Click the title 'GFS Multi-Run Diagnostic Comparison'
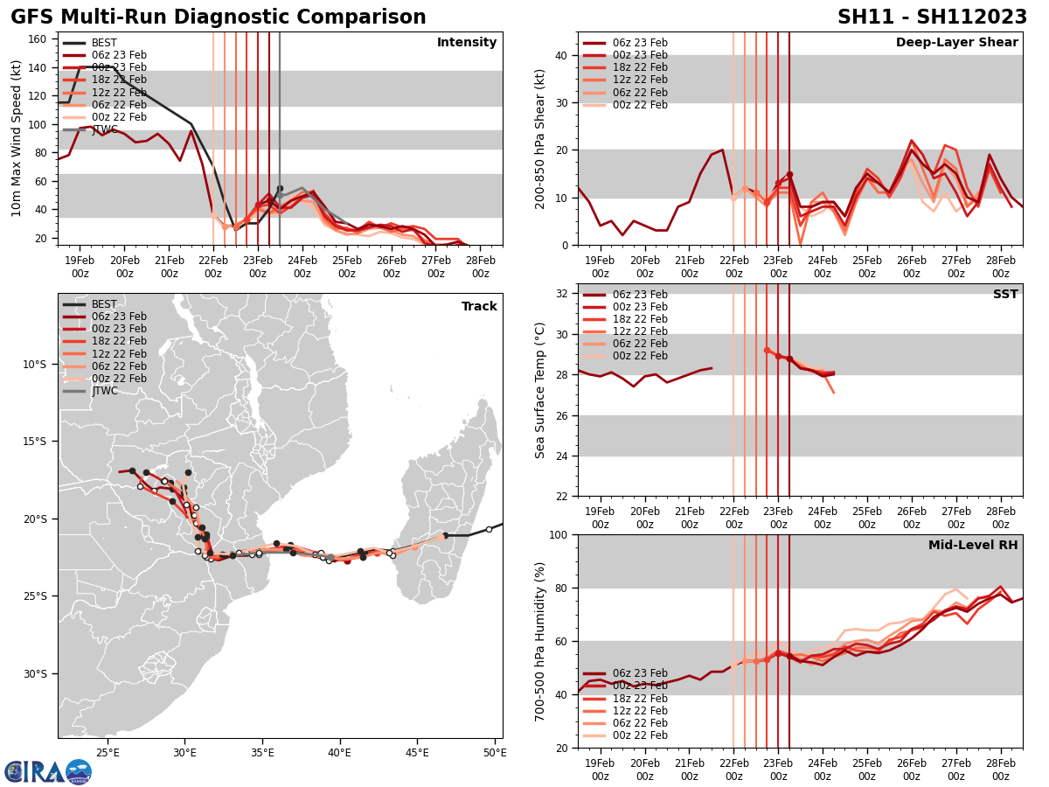[x=219, y=17]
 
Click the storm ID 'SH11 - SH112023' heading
[x=932, y=17]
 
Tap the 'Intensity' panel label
[x=467, y=43]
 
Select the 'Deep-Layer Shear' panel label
[x=956, y=43]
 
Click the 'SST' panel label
[x=1005, y=295]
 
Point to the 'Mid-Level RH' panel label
[x=973, y=546]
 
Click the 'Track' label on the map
[x=479, y=307]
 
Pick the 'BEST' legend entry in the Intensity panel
[x=104, y=43]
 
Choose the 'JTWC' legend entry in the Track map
[x=104, y=391]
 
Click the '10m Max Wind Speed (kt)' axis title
[x=17, y=139]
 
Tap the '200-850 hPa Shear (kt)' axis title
[x=540, y=139]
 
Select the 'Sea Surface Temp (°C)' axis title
[x=540, y=390]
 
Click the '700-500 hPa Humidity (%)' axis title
[x=540, y=641]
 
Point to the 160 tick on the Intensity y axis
[x=38, y=39]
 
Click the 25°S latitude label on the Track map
[x=37, y=596]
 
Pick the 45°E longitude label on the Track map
[x=417, y=752]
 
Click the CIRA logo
[x=48, y=771]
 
